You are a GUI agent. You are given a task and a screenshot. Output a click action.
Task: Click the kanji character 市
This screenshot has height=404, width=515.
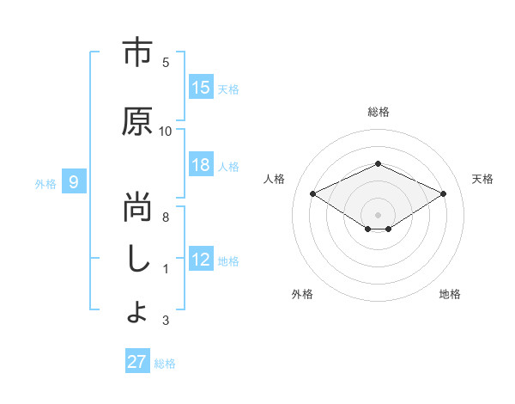(x=137, y=54)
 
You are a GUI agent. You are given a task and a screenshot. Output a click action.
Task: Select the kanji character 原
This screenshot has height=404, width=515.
(x=137, y=123)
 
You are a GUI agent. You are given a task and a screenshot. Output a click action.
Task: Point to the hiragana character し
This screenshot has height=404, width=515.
(x=137, y=260)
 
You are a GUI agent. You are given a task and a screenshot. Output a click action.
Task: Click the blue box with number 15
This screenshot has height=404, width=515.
(x=201, y=88)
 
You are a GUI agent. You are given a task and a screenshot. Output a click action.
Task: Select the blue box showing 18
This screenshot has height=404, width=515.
(x=201, y=165)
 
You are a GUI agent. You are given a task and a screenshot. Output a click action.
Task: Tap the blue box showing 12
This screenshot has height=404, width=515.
(x=201, y=260)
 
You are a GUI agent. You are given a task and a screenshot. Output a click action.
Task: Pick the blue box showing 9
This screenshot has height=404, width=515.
(x=75, y=182)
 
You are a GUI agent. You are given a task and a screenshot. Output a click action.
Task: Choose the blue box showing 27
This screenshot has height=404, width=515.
(x=137, y=362)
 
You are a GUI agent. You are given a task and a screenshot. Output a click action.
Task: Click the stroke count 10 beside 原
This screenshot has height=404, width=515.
(x=166, y=131)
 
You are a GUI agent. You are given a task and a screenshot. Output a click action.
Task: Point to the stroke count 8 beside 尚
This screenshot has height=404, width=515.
(x=166, y=217)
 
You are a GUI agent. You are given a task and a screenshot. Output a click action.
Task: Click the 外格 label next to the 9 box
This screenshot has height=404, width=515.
(x=45, y=183)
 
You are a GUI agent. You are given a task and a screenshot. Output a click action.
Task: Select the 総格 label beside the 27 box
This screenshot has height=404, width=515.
(x=165, y=363)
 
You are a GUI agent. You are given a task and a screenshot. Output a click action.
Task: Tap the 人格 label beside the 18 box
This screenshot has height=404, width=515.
(x=228, y=166)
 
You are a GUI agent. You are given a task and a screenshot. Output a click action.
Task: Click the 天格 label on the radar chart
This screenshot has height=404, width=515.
(x=482, y=179)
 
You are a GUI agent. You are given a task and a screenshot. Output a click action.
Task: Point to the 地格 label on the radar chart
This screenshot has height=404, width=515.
(x=450, y=294)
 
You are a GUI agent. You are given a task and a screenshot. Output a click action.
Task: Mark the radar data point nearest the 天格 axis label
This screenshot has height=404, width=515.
(x=444, y=194)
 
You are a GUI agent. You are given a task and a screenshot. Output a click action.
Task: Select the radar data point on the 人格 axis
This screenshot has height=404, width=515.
(x=313, y=194)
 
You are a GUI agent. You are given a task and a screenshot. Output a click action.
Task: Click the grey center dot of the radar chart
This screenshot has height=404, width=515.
(x=378, y=213)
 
